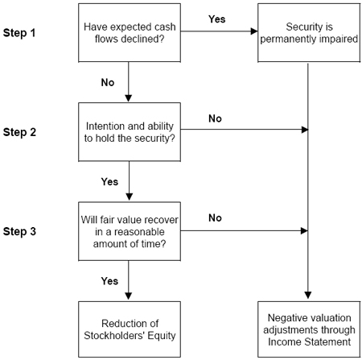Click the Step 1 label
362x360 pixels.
tap(19, 33)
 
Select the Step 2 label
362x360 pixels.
tap(19, 132)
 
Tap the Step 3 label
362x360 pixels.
tap(19, 231)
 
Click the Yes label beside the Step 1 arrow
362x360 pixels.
tap(217, 19)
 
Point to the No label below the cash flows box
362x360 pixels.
tap(108, 82)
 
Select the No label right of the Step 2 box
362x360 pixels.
tap(215, 118)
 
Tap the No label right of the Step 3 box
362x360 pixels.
tap(215, 217)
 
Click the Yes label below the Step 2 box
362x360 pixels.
tap(109, 182)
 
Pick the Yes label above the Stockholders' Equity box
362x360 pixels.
tap(109, 281)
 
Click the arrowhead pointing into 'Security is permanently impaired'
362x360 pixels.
tap(254, 31)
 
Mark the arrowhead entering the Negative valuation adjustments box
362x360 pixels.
tap(308, 296)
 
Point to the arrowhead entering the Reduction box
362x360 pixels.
tap(129, 296)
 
